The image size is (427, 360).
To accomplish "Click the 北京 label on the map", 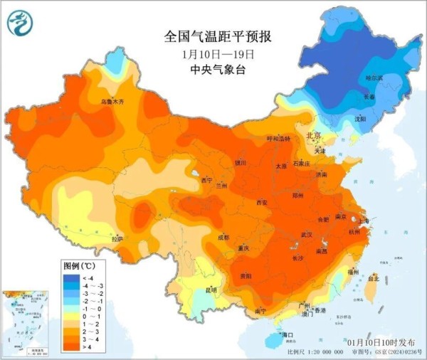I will [x=313, y=134].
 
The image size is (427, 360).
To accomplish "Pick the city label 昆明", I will [x=211, y=290].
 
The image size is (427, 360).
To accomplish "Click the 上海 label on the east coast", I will [x=365, y=221].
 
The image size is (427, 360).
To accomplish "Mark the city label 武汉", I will [x=307, y=234].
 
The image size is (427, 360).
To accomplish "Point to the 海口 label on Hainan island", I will [x=288, y=334].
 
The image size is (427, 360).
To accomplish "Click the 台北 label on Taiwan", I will [x=371, y=280].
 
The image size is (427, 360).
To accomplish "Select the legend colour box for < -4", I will [x=70, y=276].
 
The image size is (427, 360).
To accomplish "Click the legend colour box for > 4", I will [x=70, y=348].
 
